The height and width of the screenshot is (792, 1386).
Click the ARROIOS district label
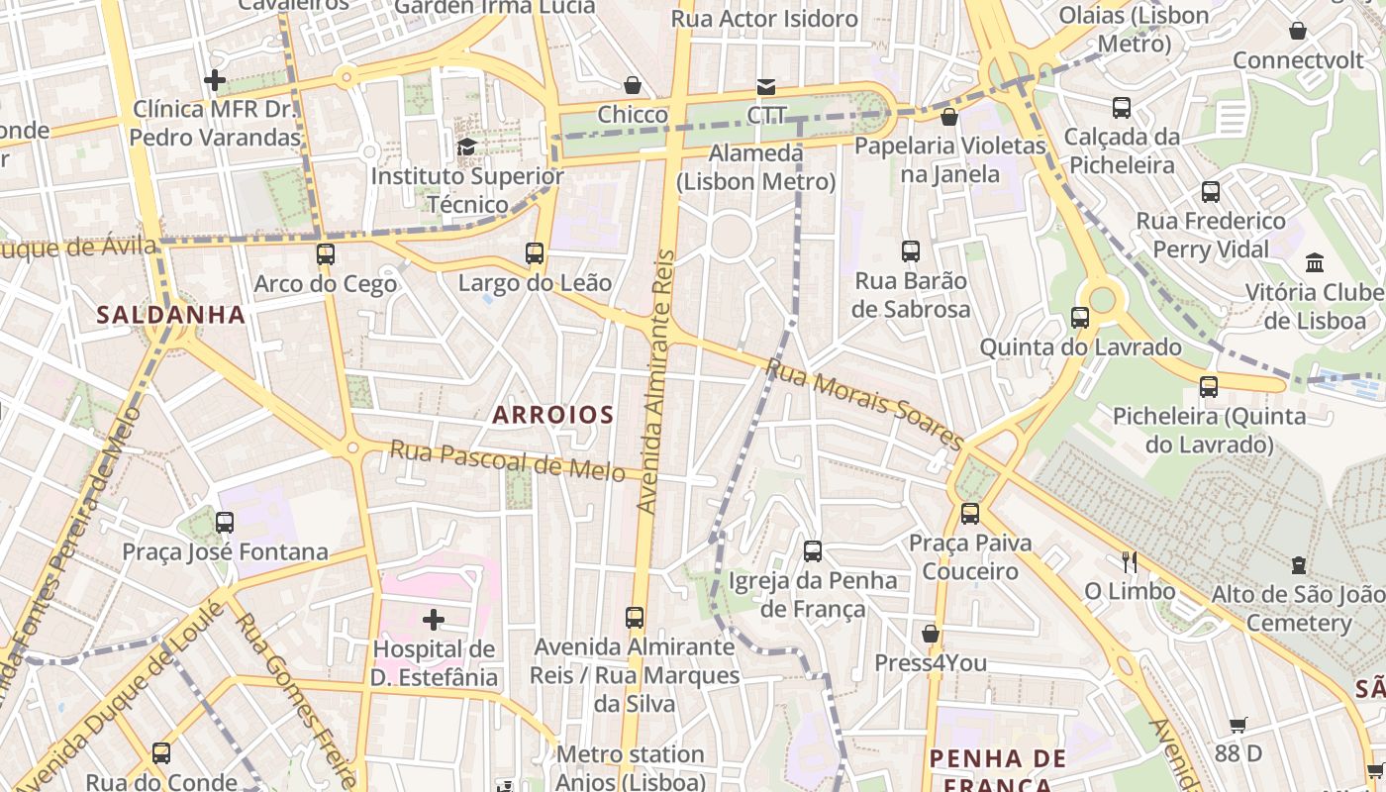(x=552, y=415)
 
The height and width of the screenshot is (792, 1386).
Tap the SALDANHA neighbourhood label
(x=170, y=315)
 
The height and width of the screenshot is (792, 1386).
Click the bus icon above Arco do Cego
(x=325, y=254)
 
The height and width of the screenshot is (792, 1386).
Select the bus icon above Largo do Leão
(x=535, y=253)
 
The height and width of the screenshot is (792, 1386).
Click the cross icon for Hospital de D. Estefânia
(x=433, y=621)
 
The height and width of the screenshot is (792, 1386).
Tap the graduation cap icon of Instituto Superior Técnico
(x=466, y=147)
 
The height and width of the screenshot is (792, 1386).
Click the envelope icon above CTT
(x=766, y=86)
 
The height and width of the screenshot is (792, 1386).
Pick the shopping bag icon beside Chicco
(x=632, y=86)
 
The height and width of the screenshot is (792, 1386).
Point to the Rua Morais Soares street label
(x=863, y=405)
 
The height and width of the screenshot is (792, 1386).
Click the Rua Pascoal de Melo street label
(x=507, y=460)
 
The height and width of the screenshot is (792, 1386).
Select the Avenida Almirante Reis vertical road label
(x=656, y=381)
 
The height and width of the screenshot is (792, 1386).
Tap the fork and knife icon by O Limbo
(x=1129, y=562)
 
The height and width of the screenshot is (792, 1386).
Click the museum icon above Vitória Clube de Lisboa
(x=1315, y=262)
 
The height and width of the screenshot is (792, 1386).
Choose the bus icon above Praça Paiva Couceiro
(x=969, y=514)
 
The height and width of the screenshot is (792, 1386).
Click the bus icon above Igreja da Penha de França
(x=812, y=551)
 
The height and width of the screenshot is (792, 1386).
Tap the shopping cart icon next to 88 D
(x=1237, y=725)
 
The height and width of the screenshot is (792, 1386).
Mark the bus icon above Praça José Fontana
(x=225, y=522)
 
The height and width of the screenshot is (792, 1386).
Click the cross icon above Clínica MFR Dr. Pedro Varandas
(x=214, y=79)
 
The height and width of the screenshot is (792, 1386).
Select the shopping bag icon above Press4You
(x=930, y=634)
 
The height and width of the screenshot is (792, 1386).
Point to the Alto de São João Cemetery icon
(x=1298, y=565)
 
